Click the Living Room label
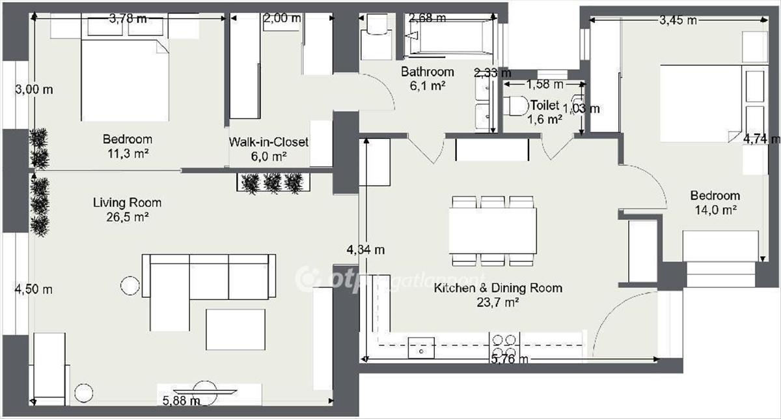point(128,203)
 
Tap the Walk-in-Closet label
point(268,142)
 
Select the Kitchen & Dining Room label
point(498,288)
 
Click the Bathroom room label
point(428,72)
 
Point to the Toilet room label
point(545,105)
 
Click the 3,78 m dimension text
point(128,18)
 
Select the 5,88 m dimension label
point(182,401)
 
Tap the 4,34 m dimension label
point(366,250)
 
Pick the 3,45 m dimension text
point(678,20)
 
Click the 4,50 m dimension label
point(34,289)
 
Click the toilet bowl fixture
point(516,106)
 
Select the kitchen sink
point(421,347)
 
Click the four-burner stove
point(504,345)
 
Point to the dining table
point(493,231)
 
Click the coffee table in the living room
point(236,330)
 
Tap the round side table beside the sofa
point(130,285)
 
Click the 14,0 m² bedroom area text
point(715,210)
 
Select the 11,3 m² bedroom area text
point(128,154)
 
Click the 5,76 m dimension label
point(510,359)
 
